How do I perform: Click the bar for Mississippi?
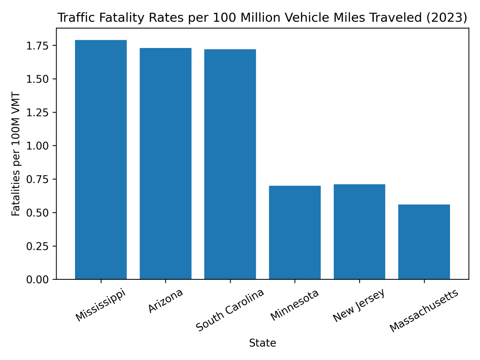(101, 160)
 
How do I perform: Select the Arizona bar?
(165, 163)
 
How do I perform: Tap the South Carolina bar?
(230, 164)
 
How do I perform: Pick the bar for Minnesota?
(295, 232)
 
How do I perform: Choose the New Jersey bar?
(359, 232)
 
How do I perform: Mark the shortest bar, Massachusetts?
(424, 242)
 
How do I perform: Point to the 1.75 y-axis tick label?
(37, 46)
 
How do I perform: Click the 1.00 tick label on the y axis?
(37, 146)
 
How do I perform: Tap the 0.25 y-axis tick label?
(37, 246)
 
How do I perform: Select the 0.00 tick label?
(37, 280)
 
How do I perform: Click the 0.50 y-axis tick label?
(37, 213)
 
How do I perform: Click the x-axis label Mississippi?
(100, 305)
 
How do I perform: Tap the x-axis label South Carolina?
(230, 310)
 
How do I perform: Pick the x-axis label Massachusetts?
(424, 310)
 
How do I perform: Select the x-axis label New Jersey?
(358, 305)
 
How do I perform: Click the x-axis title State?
(262, 343)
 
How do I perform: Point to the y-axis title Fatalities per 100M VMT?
(16, 154)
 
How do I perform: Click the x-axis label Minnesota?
(294, 305)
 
